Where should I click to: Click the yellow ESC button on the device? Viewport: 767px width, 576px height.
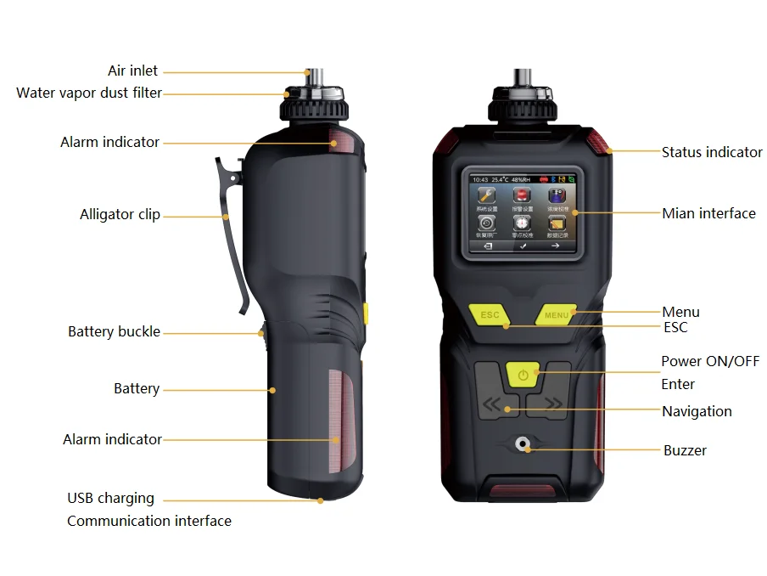490,314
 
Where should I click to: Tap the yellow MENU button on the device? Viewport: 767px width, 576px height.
557,315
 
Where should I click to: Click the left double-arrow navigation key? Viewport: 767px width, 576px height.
492,405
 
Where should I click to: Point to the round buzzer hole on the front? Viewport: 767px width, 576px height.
523,444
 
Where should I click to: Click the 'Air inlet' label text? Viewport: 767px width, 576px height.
132,71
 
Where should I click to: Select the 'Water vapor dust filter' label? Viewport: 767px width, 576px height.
88,93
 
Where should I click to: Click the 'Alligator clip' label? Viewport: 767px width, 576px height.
120,215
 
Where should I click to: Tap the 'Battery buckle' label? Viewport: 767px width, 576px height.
114,331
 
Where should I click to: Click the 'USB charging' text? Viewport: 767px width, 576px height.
110,498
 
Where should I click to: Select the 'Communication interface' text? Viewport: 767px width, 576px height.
148,521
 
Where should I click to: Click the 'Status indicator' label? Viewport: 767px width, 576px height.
712,152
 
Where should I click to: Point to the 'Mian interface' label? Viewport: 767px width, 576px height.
708,213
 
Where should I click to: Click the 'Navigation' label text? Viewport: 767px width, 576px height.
697,411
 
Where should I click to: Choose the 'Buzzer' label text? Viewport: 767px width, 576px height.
685,450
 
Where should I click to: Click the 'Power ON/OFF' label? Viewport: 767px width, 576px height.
710,361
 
